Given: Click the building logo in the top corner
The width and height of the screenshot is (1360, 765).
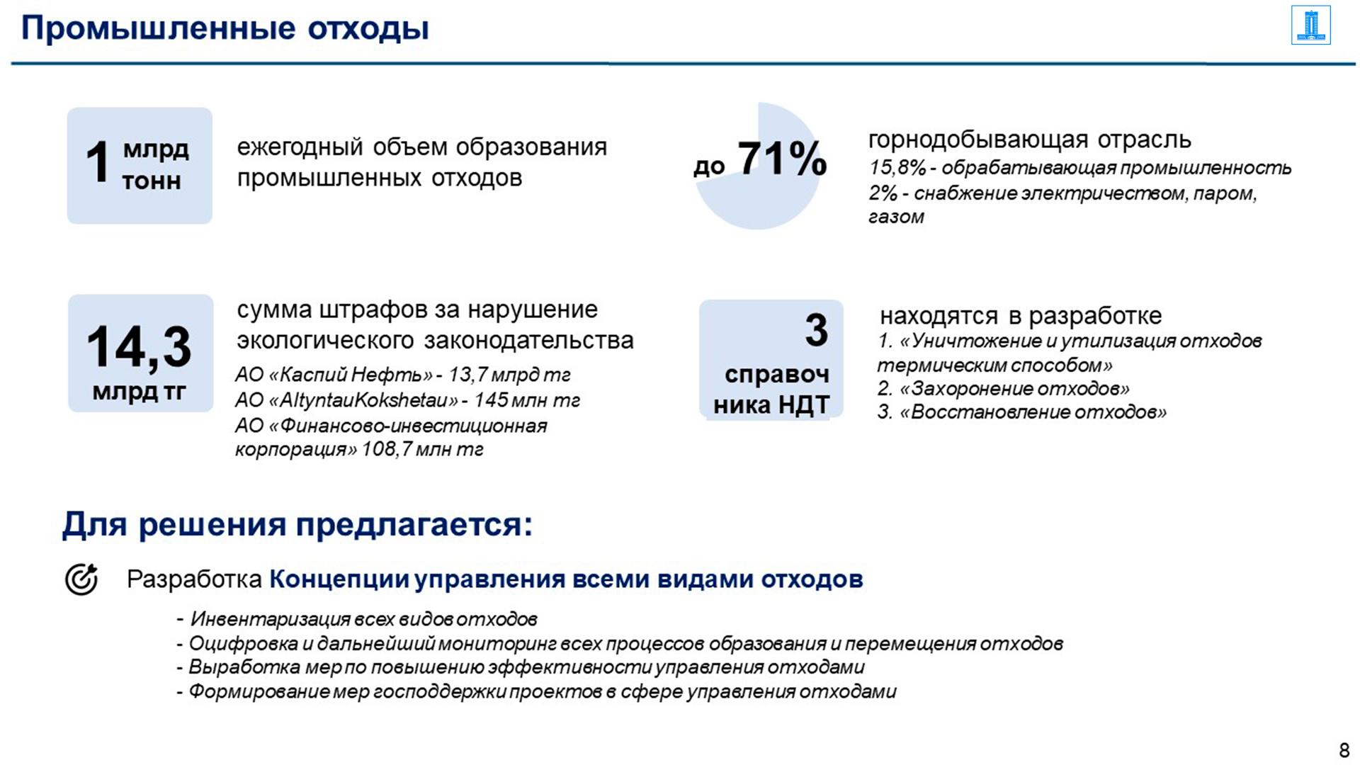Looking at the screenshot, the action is pyautogui.click(x=1310, y=25).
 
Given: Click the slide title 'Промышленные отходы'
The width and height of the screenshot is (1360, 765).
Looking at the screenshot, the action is pyautogui.click(x=225, y=29).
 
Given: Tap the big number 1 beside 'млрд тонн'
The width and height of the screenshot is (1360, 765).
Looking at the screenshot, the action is pyautogui.click(x=98, y=162).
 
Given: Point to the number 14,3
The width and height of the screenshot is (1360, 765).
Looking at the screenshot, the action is pyautogui.click(x=139, y=347).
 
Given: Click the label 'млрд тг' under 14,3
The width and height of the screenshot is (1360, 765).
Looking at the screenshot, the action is pyautogui.click(x=139, y=391).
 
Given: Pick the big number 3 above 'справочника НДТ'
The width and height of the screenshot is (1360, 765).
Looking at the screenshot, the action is pyautogui.click(x=816, y=330).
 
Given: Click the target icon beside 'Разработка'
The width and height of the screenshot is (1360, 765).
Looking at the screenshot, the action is pyautogui.click(x=81, y=579).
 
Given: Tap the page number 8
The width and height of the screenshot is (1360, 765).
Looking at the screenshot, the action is pyautogui.click(x=1344, y=749).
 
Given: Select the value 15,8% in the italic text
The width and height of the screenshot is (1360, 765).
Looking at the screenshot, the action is pyautogui.click(x=897, y=168).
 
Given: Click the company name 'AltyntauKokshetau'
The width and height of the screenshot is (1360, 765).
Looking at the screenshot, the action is pyautogui.click(x=364, y=400).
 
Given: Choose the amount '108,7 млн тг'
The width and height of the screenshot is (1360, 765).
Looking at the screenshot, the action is pyautogui.click(x=423, y=450).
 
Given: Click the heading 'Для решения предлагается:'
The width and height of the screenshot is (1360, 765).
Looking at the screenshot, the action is pyautogui.click(x=297, y=525).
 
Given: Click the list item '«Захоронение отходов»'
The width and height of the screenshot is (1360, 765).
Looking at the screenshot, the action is pyautogui.click(x=1014, y=389).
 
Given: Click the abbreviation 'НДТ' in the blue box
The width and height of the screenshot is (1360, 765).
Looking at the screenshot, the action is pyautogui.click(x=804, y=405).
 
